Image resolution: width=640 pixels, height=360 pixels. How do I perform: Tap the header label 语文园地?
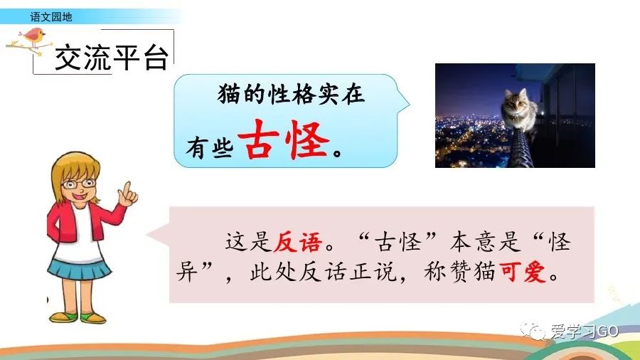pos(51,17)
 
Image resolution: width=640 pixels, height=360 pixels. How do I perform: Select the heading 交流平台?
pos(112,58)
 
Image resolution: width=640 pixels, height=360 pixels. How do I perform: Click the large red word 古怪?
pos(284,140)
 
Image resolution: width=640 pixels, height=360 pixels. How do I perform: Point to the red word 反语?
pos(297,242)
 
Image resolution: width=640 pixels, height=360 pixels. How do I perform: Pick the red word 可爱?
pos(523,272)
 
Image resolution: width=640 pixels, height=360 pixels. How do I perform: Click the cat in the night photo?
pos(520,110)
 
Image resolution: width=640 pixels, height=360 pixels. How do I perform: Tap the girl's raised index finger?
pos(127,189)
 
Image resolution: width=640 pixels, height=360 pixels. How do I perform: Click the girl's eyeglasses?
pos(79,184)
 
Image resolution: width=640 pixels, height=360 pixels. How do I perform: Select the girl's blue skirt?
pos(79,268)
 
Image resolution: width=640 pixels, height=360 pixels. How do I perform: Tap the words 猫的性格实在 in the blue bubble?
pos(291,95)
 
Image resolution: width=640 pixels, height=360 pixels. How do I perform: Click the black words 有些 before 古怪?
pos(210,147)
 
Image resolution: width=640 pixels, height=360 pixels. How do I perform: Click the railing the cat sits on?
pos(520,149)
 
